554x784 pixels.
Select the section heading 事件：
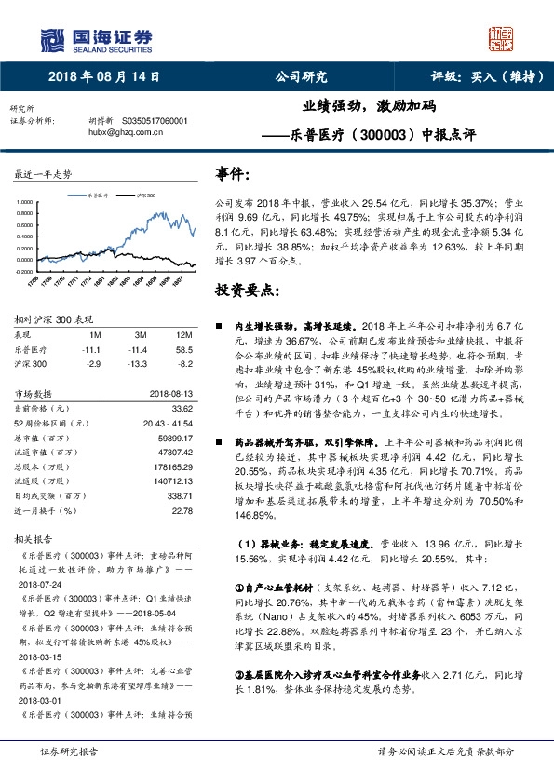coord(233,174)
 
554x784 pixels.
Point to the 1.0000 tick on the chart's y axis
coord(27,200)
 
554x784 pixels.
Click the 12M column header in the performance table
coord(182,333)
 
